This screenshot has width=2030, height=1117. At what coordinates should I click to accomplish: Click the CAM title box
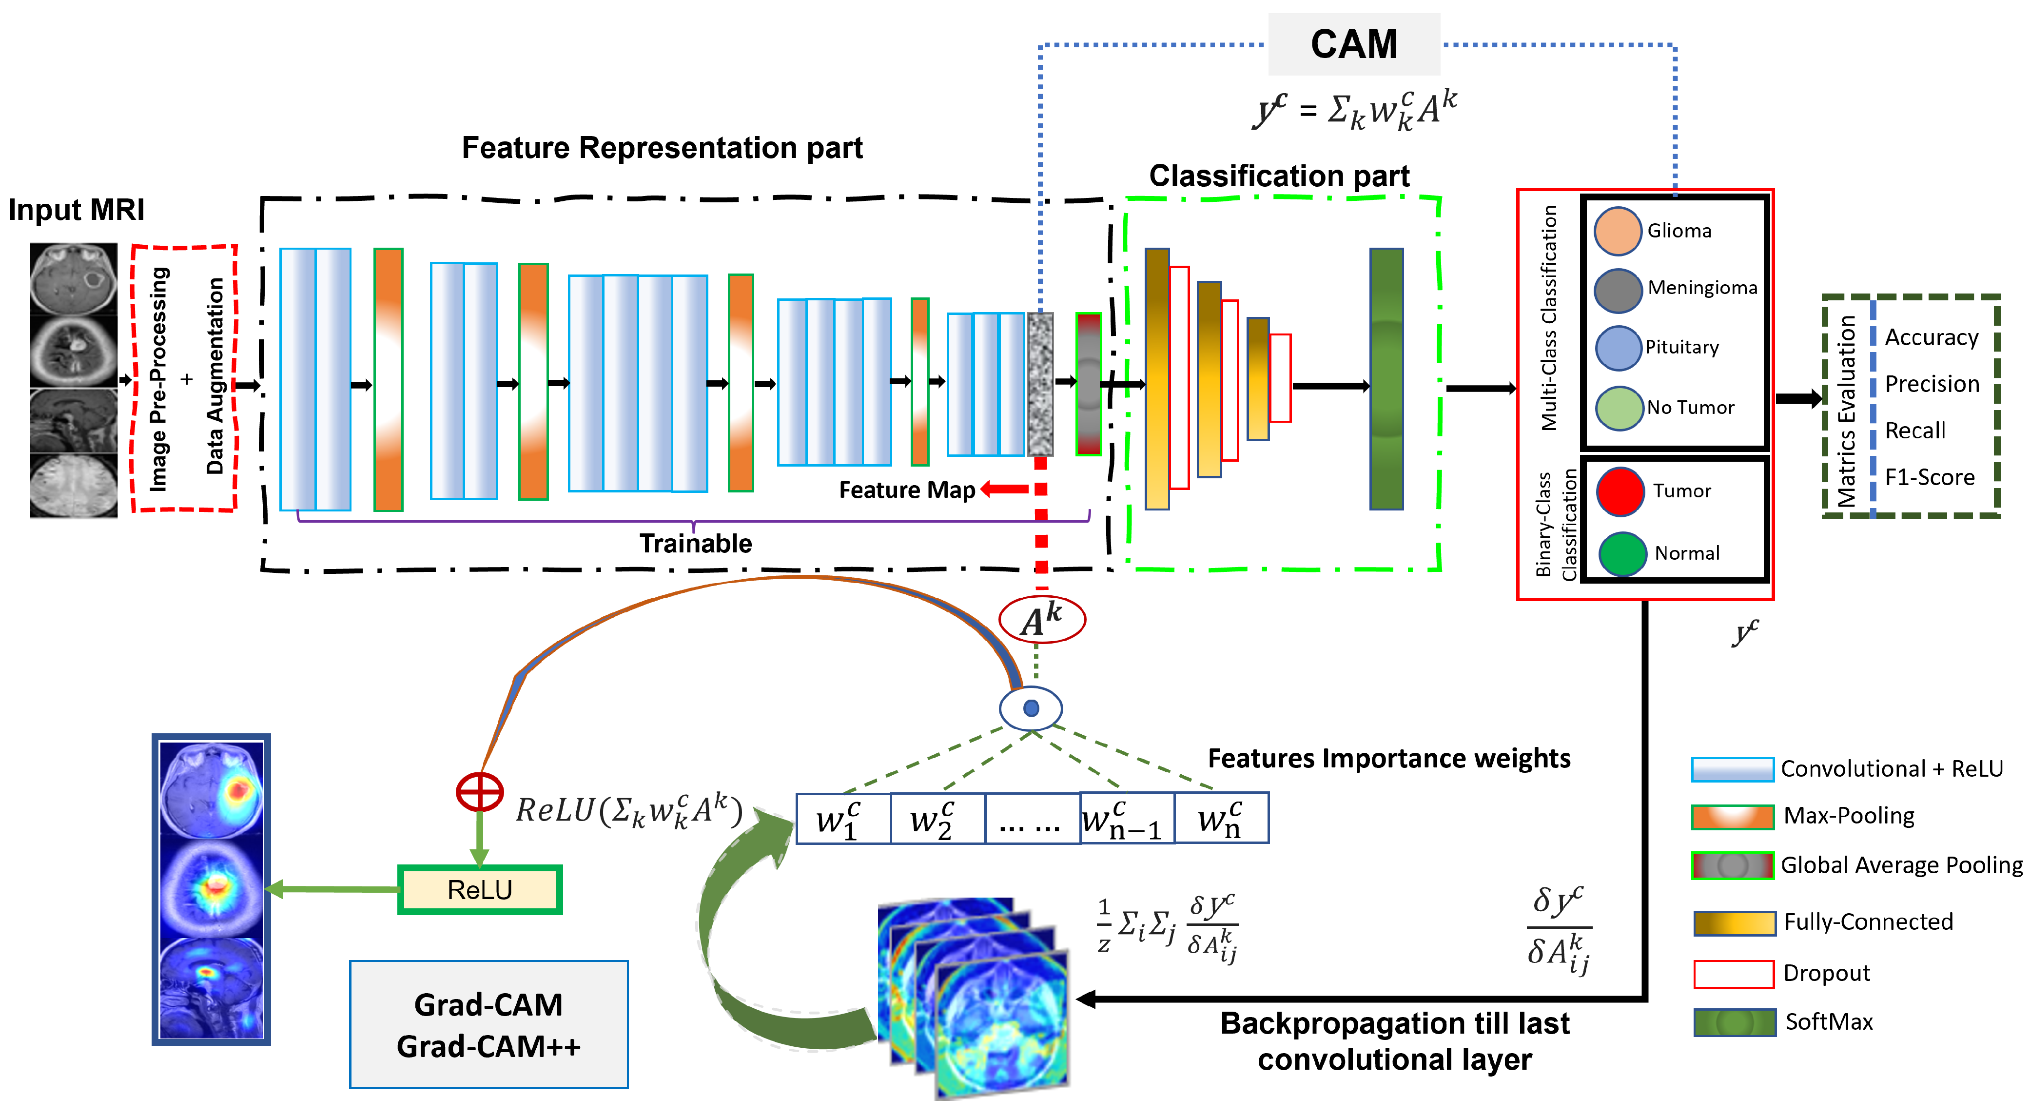point(1353,44)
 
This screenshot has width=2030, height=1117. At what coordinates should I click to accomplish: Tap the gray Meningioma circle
point(1617,289)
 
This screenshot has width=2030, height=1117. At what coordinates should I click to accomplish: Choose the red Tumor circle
point(1620,491)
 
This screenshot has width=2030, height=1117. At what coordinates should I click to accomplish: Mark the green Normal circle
point(1622,553)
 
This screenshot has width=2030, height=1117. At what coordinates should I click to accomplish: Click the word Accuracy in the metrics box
point(1931,337)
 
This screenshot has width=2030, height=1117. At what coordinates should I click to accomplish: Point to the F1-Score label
point(1929,477)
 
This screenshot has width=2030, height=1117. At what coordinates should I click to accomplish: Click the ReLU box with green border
point(480,889)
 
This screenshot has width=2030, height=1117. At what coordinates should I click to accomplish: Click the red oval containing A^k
point(1042,620)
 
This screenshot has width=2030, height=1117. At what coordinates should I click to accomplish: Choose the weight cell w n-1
point(1125,819)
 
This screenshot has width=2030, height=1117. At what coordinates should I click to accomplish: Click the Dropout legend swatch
point(1733,974)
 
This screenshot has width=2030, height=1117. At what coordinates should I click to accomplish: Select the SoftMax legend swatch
point(1734,1022)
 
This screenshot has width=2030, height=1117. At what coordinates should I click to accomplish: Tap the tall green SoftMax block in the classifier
point(1386,379)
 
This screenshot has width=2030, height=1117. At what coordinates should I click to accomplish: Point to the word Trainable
point(695,543)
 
